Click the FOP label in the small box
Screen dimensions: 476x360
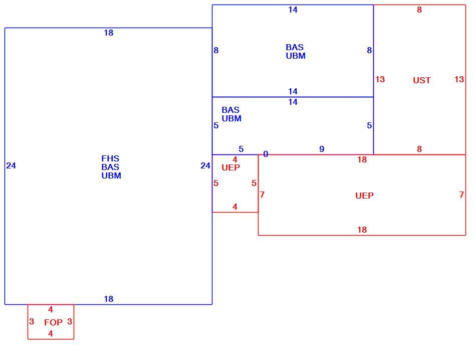click(54, 322)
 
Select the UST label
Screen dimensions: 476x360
click(422, 80)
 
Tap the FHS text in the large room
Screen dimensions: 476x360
click(110, 158)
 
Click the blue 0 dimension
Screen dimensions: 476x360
click(266, 154)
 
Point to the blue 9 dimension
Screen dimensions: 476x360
click(322, 149)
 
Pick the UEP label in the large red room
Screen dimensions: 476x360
click(364, 196)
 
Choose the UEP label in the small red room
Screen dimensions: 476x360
click(230, 167)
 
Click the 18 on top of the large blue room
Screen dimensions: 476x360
click(109, 33)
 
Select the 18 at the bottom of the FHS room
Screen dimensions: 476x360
click(109, 299)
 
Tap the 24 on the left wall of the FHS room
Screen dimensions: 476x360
click(11, 165)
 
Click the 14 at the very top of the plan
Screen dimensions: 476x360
click(293, 10)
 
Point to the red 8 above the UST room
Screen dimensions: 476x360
click(419, 10)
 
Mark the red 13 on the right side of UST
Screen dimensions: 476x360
click(459, 79)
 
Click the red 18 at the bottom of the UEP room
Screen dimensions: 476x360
click(362, 230)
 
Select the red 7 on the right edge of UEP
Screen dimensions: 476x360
click(461, 195)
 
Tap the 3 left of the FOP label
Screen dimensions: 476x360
click(32, 321)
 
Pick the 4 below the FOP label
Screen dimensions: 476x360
click(51, 333)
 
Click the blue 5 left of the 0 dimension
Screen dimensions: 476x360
click(241, 149)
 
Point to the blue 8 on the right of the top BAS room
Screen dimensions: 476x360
click(369, 50)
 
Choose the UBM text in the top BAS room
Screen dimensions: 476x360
click(296, 56)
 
